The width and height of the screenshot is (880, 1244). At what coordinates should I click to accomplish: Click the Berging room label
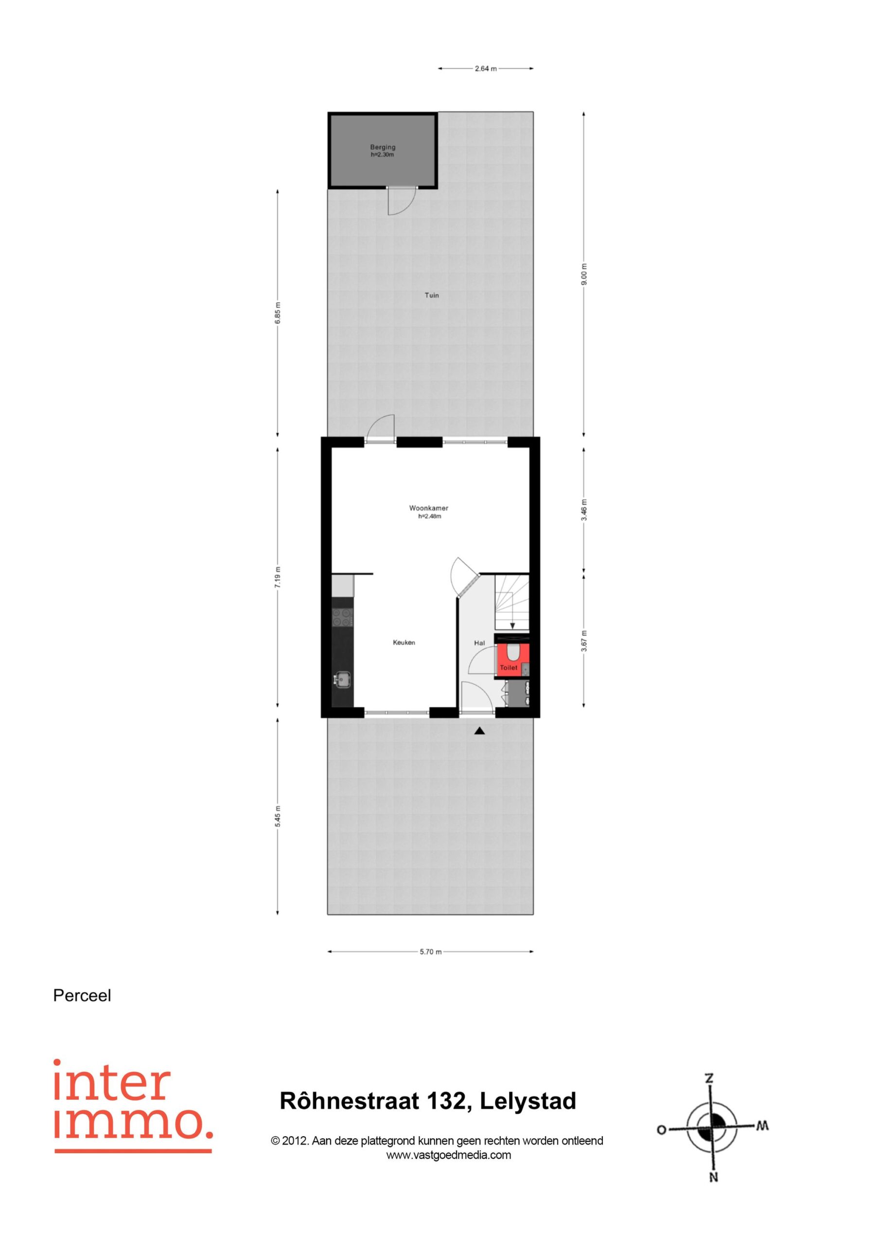pyautogui.click(x=383, y=147)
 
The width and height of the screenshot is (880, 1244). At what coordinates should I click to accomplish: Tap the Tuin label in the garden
pyautogui.click(x=432, y=295)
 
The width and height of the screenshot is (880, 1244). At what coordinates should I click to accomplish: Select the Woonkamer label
pyautogui.click(x=428, y=508)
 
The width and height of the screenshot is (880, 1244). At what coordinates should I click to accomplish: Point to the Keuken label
pyautogui.click(x=404, y=642)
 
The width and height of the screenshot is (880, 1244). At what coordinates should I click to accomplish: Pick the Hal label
pyautogui.click(x=479, y=643)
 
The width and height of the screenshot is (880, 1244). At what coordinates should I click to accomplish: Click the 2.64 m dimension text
pyautogui.click(x=486, y=69)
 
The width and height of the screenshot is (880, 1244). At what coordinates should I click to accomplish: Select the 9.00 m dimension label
pyautogui.click(x=584, y=274)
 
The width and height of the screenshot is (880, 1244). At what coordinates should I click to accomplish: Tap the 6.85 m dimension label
pyautogui.click(x=278, y=312)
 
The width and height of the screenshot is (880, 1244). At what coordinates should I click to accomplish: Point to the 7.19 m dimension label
pyautogui.click(x=278, y=577)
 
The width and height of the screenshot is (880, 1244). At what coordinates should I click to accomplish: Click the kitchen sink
pyautogui.click(x=343, y=679)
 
